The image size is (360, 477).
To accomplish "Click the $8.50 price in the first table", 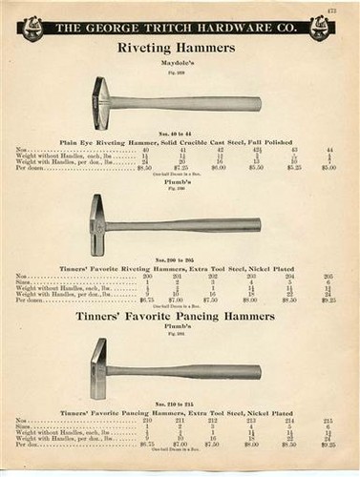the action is pyautogui.click(x=144, y=166).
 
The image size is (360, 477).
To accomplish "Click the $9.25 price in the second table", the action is pyautogui.click(x=329, y=299).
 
